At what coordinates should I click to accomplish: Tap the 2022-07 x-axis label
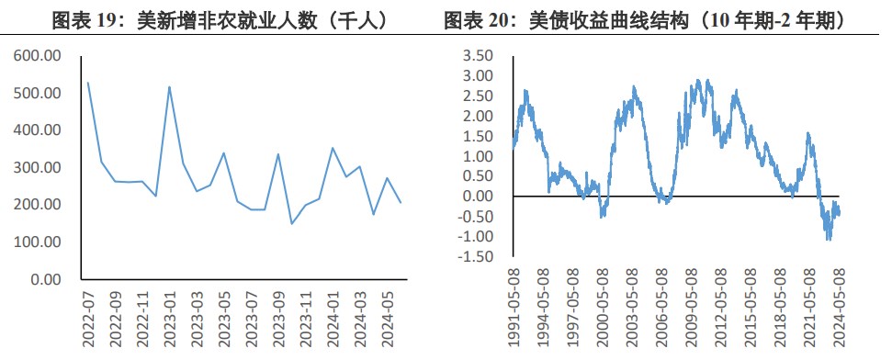[89, 318]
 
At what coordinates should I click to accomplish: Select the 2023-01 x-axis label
[171, 318]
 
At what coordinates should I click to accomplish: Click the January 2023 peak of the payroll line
[170, 87]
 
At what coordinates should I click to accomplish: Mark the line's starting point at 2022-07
[88, 83]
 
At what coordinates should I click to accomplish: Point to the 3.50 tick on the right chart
[478, 56]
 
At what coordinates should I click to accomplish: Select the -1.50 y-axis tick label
[475, 256]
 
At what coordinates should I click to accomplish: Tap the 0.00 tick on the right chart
[478, 196]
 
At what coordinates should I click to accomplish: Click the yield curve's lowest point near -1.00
[829, 239]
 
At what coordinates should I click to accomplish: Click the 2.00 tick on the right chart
[478, 116]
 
